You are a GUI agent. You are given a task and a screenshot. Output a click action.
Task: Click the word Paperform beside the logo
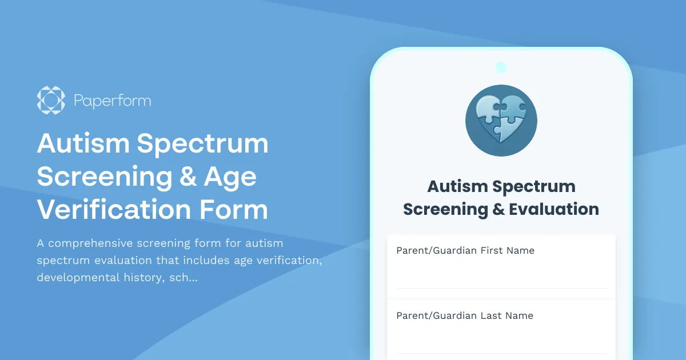(x=112, y=101)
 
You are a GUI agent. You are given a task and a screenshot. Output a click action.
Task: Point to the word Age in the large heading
(x=231, y=177)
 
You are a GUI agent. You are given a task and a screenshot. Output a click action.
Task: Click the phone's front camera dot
(x=501, y=67)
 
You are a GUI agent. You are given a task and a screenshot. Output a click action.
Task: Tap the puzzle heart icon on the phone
(x=501, y=121)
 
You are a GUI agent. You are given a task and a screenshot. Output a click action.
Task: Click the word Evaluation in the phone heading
(x=554, y=209)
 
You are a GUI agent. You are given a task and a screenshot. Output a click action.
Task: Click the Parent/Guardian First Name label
(x=465, y=250)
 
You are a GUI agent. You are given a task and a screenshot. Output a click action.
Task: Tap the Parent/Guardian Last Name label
(x=465, y=315)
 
